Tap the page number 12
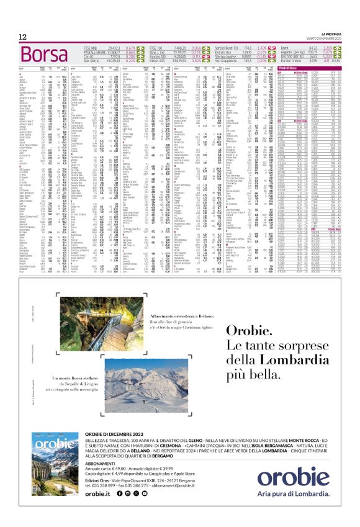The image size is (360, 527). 23,37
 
